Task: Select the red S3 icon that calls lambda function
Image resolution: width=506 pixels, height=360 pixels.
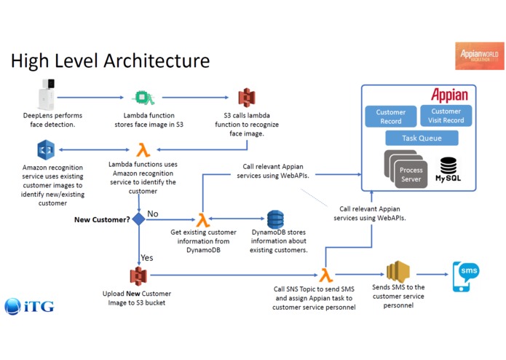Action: pos(248,98)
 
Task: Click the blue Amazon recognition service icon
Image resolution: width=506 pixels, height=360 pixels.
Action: pos(47,150)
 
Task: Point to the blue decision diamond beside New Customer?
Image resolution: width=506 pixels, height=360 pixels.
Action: pos(138,219)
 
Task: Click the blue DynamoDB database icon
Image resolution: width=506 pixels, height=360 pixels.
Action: pos(275,219)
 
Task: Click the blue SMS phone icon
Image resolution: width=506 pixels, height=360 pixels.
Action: pos(465,275)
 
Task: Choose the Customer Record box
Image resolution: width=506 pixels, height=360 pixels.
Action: pos(390,117)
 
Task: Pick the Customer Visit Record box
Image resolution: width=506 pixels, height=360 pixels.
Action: pos(446,116)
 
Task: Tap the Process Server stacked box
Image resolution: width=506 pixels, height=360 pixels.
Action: pos(409,173)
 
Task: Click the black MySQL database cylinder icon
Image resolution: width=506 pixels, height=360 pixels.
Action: pos(447,166)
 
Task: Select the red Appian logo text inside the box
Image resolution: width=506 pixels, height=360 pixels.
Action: pos(448,95)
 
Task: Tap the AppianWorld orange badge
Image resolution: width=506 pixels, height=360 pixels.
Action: pos(478,55)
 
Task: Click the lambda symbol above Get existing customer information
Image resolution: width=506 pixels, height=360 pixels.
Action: pos(202,219)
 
